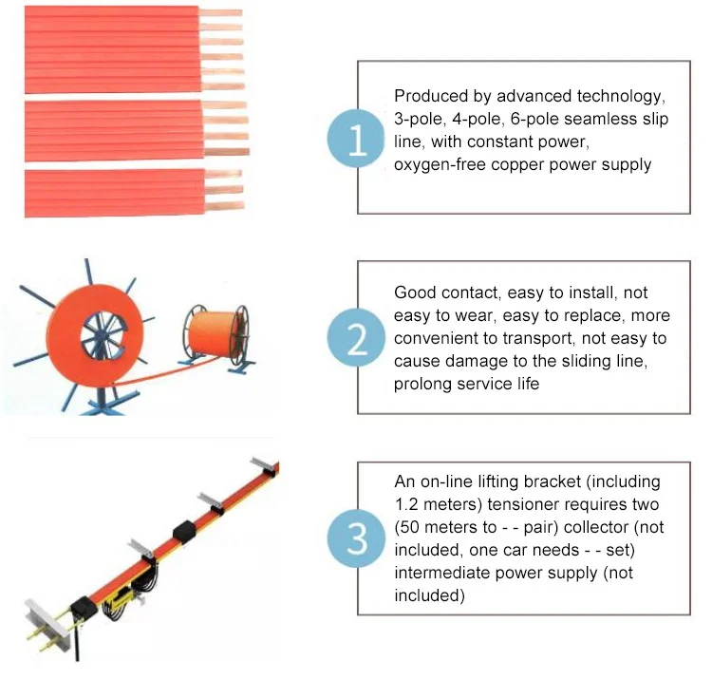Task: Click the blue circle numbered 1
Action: (x=356, y=138)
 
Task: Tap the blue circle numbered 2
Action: (x=356, y=337)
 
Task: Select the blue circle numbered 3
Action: (x=356, y=538)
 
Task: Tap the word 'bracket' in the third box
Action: (x=553, y=481)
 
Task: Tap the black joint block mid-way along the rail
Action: (x=184, y=533)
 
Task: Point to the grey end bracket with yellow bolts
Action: (x=43, y=623)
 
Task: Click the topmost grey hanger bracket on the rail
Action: (x=265, y=468)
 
